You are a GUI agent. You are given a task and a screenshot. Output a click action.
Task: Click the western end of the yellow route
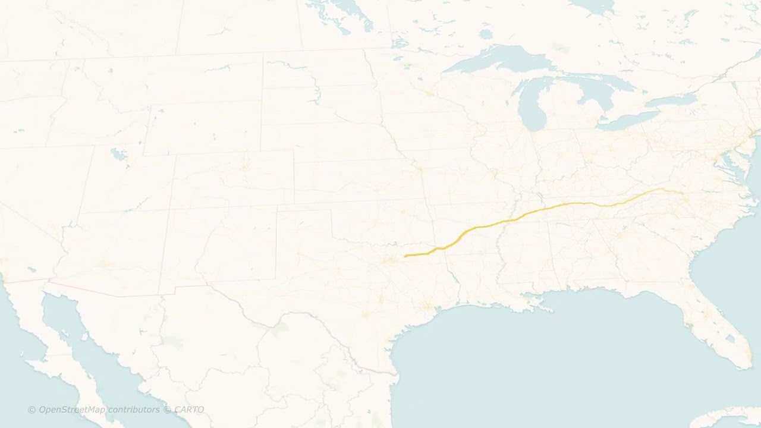click(405, 256)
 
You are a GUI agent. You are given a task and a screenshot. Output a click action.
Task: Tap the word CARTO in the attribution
click(189, 410)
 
